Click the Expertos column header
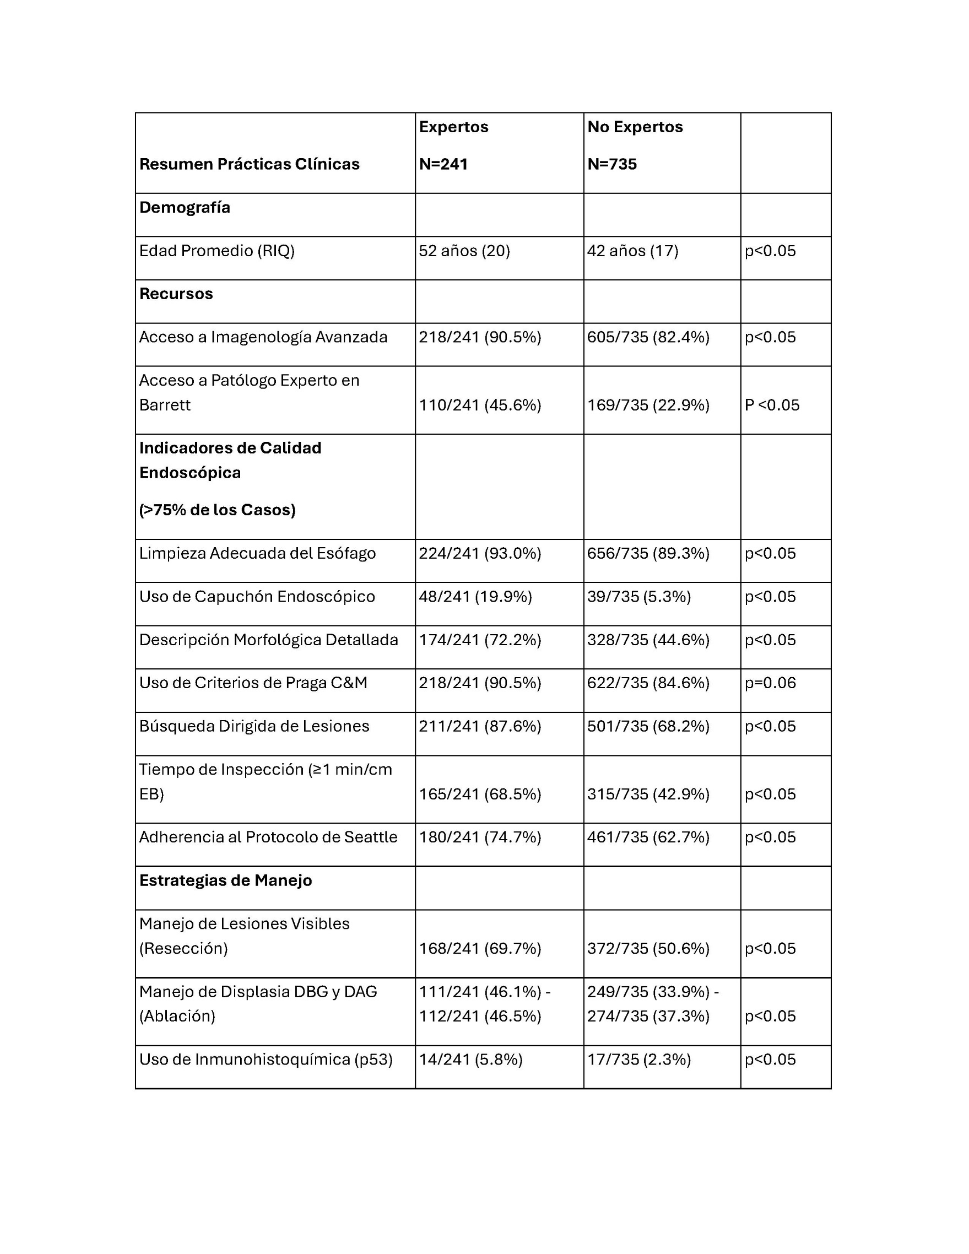coord(453,127)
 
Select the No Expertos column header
coord(635,127)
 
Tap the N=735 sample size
coord(612,164)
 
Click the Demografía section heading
coord(185,207)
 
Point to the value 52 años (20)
coord(464,251)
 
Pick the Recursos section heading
coord(176,294)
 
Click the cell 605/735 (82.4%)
coord(648,337)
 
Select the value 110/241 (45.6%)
coord(480,406)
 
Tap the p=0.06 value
coord(770,683)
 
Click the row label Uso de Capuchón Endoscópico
coord(257,597)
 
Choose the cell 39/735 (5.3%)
coord(639,597)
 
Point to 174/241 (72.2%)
coord(480,640)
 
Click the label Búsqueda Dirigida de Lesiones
coord(254,726)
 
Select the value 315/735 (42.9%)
coord(648,794)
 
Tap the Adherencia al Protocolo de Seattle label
coord(268,837)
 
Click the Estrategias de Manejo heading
coord(226,880)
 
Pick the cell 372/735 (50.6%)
coord(648,948)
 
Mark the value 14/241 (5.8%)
coord(470,1060)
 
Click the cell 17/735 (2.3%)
coord(639,1060)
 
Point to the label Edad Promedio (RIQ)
coord(216,251)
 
